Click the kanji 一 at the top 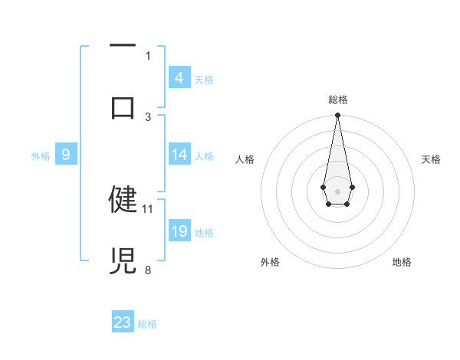click(123, 46)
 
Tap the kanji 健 click(123, 199)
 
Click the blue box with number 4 click(179, 77)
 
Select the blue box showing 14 click(179, 155)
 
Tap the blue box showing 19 click(179, 231)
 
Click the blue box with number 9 click(66, 155)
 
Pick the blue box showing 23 click(123, 322)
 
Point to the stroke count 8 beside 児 click(148, 270)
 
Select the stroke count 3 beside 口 click(148, 116)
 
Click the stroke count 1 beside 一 click(148, 55)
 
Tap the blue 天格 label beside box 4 click(204, 79)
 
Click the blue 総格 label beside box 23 click(147, 324)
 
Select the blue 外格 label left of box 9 click(41, 156)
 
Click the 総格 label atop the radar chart click(338, 100)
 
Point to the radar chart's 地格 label click(402, 262)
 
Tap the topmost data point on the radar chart click(337, 116)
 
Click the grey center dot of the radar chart click(337, 191)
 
